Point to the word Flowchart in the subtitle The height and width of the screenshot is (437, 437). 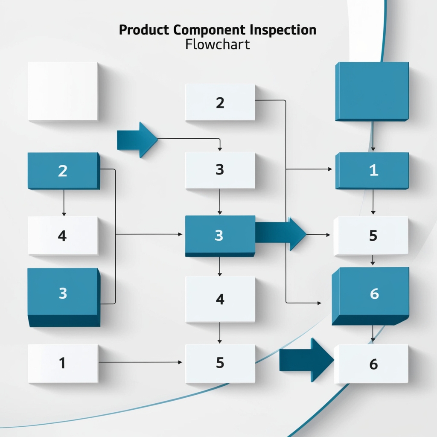(x=218, y=44)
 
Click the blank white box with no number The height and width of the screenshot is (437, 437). (x=63, y=91)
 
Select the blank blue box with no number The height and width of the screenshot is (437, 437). (x=372, y=91)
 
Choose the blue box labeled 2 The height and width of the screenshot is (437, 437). (x=63, y=171)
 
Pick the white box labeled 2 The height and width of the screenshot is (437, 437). (x=220, y=102)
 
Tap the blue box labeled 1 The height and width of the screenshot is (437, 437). (x=372, y=170)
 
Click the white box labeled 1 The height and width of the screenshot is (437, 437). (x=63, y=363)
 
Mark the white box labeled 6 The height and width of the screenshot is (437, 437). (x=371, y=364)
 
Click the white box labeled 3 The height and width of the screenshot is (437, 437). (x=220, y=170)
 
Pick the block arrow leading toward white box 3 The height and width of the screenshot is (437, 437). (x=137, y=139)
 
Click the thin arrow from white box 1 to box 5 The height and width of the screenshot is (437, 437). (x=141, y=362)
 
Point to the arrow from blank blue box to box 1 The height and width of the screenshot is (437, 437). (x=373, y=136)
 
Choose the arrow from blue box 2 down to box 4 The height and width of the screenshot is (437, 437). (x=64, y=202)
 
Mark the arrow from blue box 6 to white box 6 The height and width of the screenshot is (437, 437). (x=373, y=333)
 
